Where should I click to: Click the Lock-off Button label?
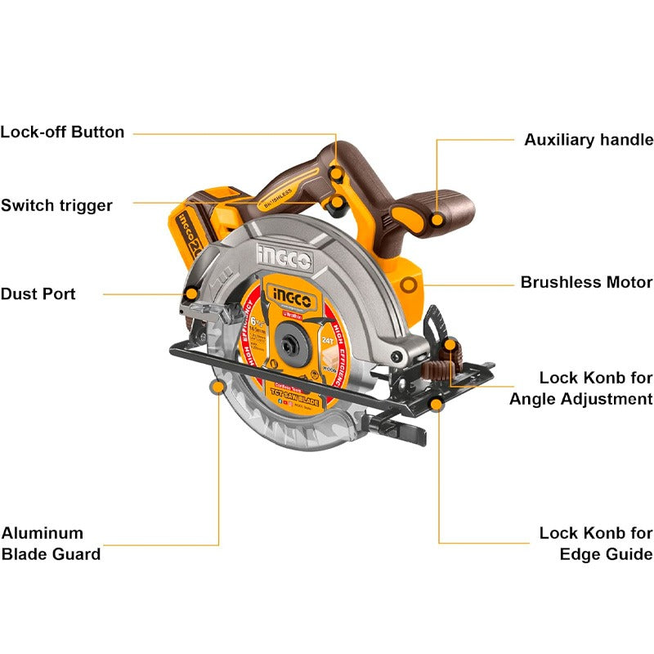[62, 132]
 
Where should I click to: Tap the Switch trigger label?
[56, 205]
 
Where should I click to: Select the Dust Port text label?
[38, 293]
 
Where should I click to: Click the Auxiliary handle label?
[589, 140]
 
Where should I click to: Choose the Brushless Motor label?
[586, 283]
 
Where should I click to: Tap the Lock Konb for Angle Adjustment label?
[581, 388]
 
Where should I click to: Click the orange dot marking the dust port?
[191, 293]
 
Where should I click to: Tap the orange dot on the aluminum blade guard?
[218, 386]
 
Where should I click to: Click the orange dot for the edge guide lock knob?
[438, 403]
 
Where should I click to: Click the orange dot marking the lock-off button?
[336, 173]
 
